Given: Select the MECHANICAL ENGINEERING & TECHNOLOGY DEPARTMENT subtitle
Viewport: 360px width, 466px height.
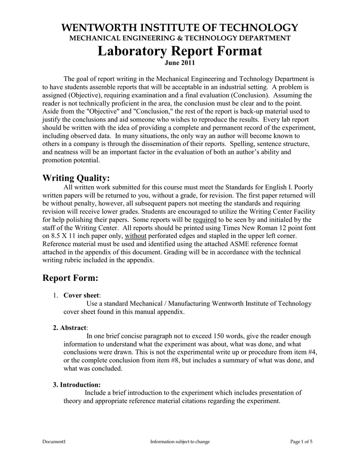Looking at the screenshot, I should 180,38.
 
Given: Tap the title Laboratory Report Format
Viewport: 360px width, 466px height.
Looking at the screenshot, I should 180,51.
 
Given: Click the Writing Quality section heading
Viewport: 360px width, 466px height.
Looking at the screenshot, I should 76,177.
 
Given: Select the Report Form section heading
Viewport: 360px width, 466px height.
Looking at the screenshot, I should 70,278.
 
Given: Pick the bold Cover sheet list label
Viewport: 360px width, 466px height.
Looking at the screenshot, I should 81,295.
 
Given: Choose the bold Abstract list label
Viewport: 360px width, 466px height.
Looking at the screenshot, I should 73,328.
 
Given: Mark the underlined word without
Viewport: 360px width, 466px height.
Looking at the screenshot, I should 135,236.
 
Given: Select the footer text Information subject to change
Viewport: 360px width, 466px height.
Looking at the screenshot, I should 180,442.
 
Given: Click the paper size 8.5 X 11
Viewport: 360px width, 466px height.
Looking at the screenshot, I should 64,236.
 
